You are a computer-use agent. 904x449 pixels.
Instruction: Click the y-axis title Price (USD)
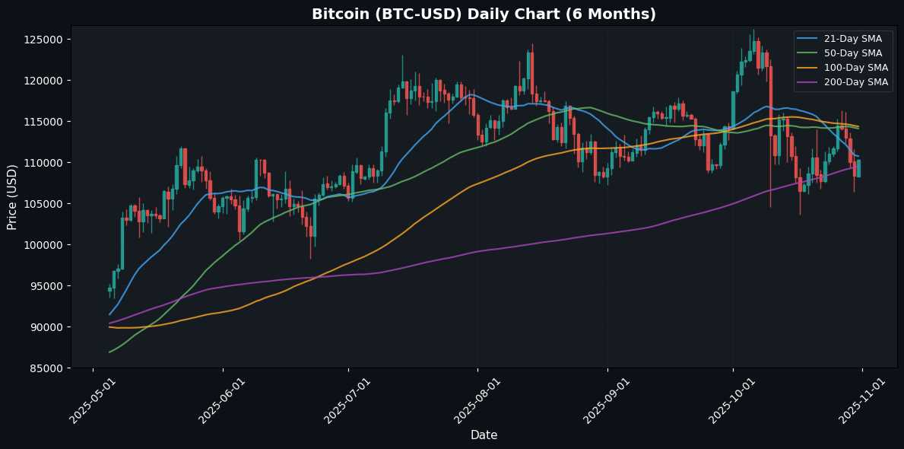pyautogui.click(x=12, y=196)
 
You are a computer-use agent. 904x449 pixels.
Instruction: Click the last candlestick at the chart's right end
pyautogui.click(x=858, y=168)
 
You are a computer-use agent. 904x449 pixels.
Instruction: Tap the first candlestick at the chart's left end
pyautogui.click(x=109, y=289)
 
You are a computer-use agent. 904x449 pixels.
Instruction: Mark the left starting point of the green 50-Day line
pyautogui.click(x=109, y=352)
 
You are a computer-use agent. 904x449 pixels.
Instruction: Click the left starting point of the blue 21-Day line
pyautogui.click(x=109, y=314)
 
